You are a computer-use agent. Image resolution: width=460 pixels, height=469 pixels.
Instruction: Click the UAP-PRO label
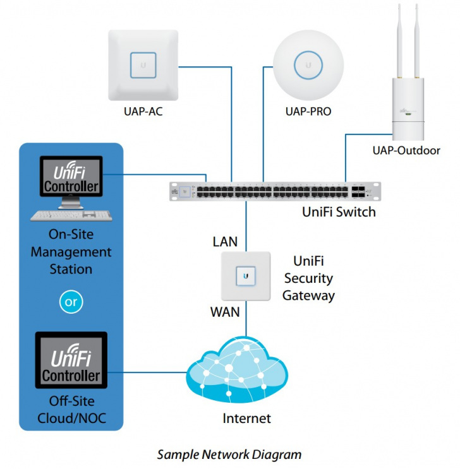click(x=308, y=112)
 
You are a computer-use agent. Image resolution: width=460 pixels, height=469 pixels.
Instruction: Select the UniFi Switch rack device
click(x=275, y=191)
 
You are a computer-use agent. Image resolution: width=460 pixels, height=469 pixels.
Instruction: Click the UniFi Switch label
click(x=339, y=211)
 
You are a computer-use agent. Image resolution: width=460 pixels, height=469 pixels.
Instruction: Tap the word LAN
click(x=226, y=242)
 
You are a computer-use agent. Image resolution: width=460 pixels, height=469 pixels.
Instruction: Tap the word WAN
click(x=225, y=312)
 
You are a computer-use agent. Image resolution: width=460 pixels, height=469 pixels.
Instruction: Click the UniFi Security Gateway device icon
click(x=246, y=276)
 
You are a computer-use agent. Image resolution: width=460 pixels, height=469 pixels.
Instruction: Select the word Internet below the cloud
click(x=246, y=418)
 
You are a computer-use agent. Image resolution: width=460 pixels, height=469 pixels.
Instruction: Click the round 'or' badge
click(x=71, y=302)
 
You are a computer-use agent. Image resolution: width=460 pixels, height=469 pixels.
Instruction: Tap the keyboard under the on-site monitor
click(x=70, y=215)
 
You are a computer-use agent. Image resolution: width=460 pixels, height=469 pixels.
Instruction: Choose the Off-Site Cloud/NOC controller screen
click(x=71, y=364)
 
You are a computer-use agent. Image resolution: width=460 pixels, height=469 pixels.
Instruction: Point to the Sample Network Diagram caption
click(x=229, y=454)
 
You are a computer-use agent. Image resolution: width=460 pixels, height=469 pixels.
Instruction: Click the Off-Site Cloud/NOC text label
click(x=71, y=409)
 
